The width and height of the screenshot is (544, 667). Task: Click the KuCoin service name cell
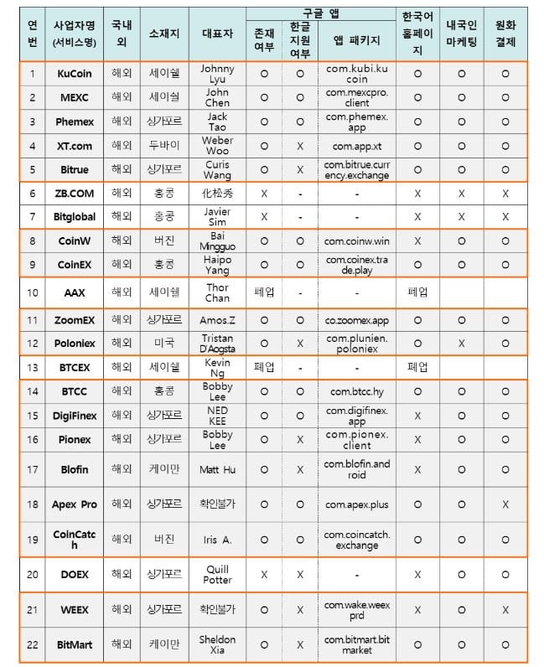point(75,74)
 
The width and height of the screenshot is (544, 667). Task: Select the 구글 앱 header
point(321,14)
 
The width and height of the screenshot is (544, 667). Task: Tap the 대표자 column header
point(217,37)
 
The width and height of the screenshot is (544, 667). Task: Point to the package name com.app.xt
point(357,146)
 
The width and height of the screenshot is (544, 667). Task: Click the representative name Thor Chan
point(217,292)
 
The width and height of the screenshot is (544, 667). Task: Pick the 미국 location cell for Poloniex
point(164,344)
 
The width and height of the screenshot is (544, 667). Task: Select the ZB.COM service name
point(75,193)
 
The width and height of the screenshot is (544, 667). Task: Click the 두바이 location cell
point(164,146)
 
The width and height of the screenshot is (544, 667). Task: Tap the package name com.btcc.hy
point(357,391)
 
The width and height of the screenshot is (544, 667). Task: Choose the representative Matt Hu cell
point(217,469)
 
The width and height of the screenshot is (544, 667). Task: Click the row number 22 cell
point(32,645)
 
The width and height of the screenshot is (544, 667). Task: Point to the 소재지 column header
point(164,37)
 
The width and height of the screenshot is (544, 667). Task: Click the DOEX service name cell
point(75,574)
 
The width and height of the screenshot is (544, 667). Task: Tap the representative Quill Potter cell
point(217,574)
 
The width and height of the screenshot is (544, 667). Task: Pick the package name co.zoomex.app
point(357,320)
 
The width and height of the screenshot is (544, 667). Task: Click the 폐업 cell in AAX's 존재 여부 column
point(264,292)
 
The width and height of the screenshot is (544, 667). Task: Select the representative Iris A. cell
point(217,540)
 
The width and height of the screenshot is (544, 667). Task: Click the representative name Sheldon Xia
point(217,645)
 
